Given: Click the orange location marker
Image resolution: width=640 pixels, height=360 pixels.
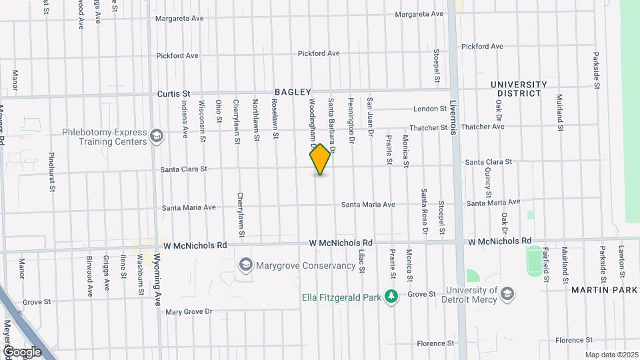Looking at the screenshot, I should click(x=321, y=159).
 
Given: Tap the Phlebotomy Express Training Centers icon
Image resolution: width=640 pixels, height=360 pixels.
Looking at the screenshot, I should click(x=157, y=137).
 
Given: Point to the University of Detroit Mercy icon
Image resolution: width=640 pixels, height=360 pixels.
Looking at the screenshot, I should click(x=507, y=294).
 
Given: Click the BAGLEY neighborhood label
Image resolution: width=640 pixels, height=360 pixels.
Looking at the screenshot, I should click(x=293, y=92).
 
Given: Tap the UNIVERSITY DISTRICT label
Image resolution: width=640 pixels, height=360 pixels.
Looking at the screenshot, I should click(x=519, y=89).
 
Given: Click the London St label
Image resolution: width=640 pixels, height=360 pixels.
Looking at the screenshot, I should click(x=429, y=109).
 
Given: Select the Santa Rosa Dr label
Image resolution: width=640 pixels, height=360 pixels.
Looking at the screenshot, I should click(x=423, y=212).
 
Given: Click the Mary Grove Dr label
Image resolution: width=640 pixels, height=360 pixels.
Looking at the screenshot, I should click(x=189, y=311).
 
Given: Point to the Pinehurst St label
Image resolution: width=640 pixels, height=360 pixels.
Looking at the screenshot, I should click(x=51, y=172).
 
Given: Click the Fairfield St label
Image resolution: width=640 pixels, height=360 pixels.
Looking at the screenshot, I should click(x=546, y=263).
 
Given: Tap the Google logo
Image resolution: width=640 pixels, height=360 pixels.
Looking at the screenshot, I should click(x=22, y=352).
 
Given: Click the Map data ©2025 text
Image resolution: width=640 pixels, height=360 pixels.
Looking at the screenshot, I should click(x=611, y=355).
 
